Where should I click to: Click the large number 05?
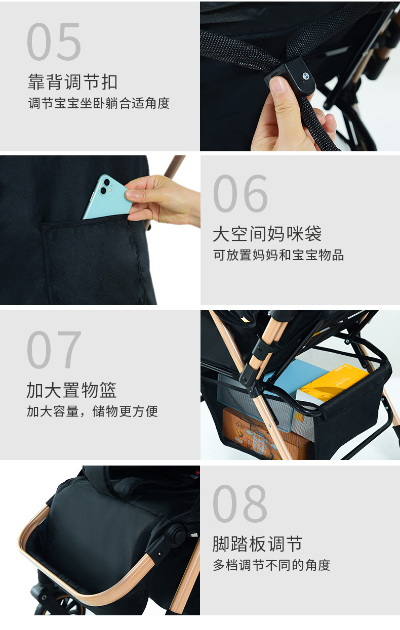(x=54, y=43)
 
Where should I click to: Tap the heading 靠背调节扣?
(x=72, y=82)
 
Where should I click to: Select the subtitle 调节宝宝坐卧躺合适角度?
(x=99, y=104)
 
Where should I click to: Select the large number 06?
(x=241, y=194)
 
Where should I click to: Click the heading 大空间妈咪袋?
(x=267, y=234)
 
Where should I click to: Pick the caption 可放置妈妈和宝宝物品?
(x=278, y=255)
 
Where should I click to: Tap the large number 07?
(x=54, y=350)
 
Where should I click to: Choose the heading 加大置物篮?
(x=71, y=390)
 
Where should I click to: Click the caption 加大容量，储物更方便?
(x=92, y=411)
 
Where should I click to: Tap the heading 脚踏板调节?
(x=257, y=544)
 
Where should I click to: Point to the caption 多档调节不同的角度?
(x=271, y=565)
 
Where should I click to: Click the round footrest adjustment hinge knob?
(x=177, y=534)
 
